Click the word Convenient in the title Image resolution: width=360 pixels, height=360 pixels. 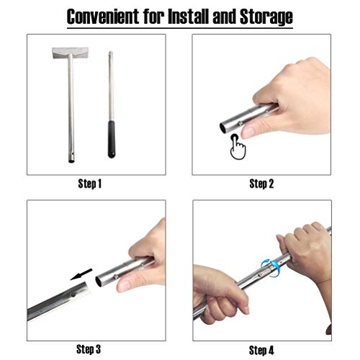coord(103,17)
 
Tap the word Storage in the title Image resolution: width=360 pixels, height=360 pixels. coord(266,17)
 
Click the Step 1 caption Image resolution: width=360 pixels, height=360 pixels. coord(90,184)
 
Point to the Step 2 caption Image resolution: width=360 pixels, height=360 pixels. coord(261,184)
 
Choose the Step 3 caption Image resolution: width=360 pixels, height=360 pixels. coord(89,349)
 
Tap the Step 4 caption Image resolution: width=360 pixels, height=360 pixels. coord(261,350)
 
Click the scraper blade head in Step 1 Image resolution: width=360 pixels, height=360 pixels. coord(71,53)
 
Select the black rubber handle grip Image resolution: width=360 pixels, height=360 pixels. coord(111,139)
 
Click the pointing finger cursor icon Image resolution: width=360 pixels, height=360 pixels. coord(238,147)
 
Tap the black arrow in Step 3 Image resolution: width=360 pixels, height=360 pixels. coord(81,274)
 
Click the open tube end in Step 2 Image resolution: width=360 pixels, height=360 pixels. coord(223,127)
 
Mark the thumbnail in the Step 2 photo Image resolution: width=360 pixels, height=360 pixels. coord(248,132)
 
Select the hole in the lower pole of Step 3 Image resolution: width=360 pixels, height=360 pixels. coord(73,294)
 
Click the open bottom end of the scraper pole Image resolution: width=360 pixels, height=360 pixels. coord(71,161)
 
